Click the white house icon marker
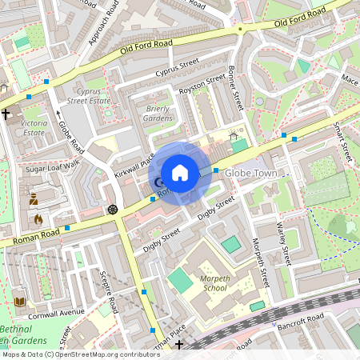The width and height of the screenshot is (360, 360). point(180,172)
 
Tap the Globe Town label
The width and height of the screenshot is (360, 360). point(250,173)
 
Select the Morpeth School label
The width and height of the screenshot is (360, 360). point(215,282)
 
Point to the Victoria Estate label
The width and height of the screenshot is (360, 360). point(34,128)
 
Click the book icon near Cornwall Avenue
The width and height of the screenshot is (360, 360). point(19,302)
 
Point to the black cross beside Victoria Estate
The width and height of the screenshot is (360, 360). point(6,114)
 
